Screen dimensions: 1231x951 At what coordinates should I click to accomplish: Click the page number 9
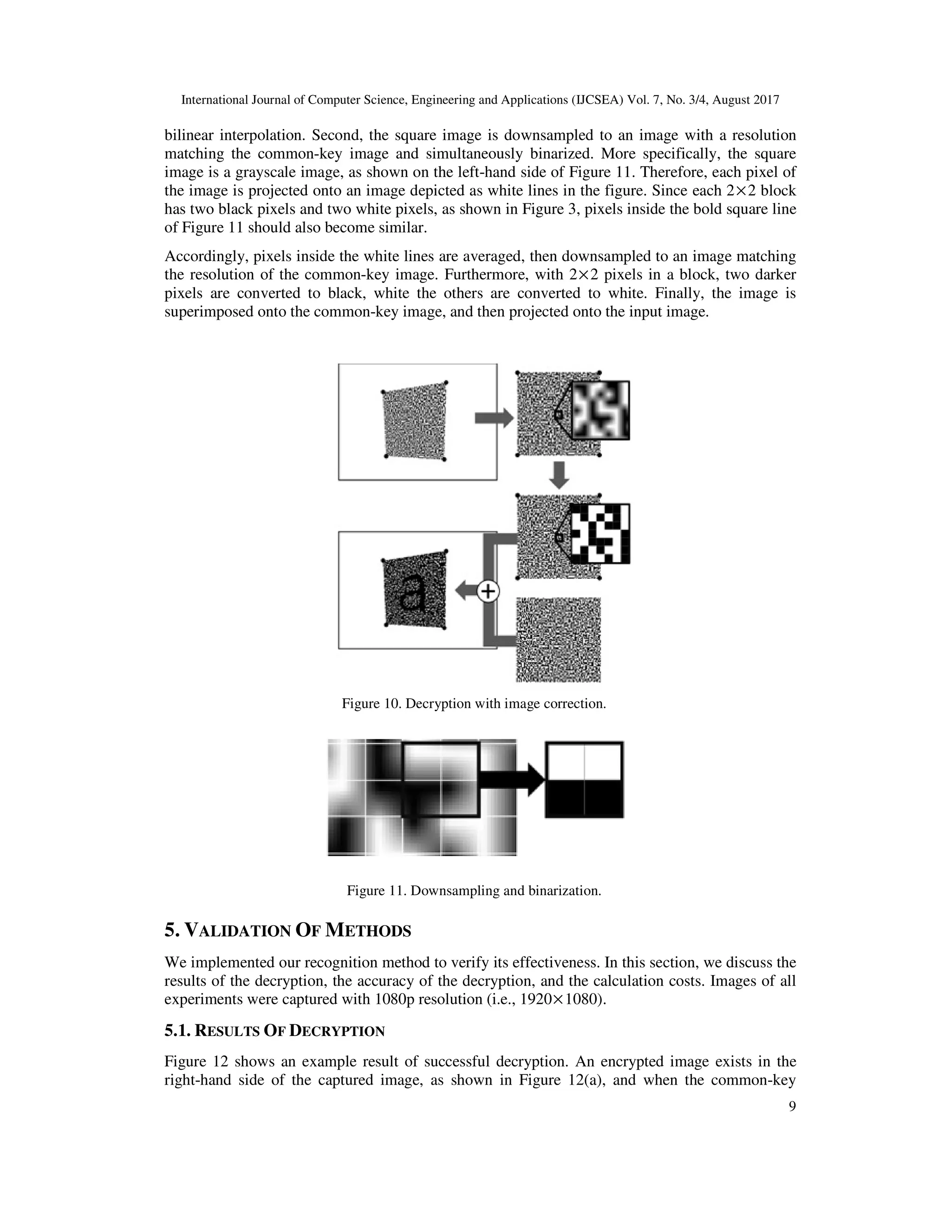pos(792,1107)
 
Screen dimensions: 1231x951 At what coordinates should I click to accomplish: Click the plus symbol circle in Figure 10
pos(488,591)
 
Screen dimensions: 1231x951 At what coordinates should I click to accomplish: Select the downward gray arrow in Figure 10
pos(559,475)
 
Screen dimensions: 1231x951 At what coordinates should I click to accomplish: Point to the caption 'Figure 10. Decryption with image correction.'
pos(474,703)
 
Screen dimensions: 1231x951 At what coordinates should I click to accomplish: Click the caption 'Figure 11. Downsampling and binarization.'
pos(474,891)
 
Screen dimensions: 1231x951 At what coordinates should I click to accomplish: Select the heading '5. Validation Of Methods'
pos(287,930)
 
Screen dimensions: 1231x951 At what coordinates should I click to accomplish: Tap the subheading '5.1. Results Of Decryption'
pos(274,1031)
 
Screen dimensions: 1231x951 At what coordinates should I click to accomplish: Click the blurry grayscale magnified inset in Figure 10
pos(600,410)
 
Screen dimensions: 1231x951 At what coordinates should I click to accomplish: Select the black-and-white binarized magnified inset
pos(600,533)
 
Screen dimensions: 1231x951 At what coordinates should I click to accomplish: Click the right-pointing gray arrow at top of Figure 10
pos(494,418)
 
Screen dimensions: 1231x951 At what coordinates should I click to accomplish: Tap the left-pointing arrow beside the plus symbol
pos(465,591)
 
